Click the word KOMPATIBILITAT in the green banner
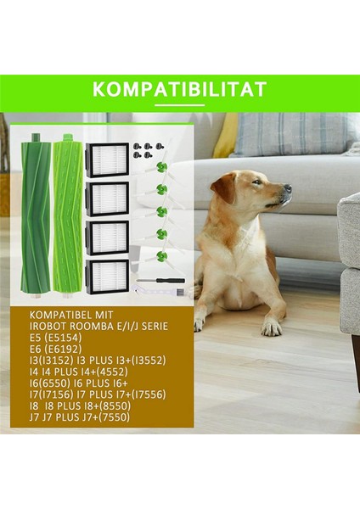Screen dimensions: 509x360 point(179,90)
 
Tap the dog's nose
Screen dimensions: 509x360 point(288,188)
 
